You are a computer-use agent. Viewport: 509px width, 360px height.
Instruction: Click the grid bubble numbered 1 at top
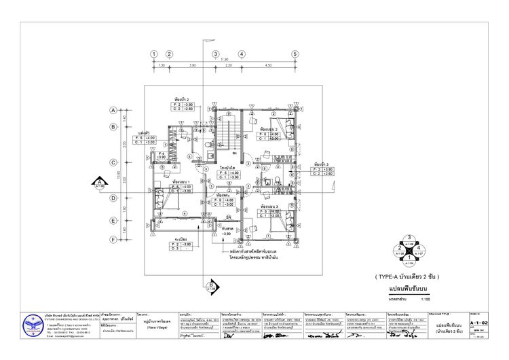155,54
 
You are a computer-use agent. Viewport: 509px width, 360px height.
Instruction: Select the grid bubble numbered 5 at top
295,54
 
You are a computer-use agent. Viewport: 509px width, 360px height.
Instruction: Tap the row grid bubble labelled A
113,109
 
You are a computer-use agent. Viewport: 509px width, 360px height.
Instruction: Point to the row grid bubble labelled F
113,240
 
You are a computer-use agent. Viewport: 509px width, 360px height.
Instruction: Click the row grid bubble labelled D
113,198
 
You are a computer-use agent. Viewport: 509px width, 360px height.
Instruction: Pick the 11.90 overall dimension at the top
225,60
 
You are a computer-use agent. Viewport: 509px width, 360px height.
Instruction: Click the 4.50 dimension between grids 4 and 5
268,66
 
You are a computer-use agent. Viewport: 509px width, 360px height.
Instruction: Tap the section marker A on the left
99,183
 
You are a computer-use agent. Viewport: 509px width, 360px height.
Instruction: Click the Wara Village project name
157,325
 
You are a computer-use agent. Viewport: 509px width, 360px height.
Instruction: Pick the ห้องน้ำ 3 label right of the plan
322,164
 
